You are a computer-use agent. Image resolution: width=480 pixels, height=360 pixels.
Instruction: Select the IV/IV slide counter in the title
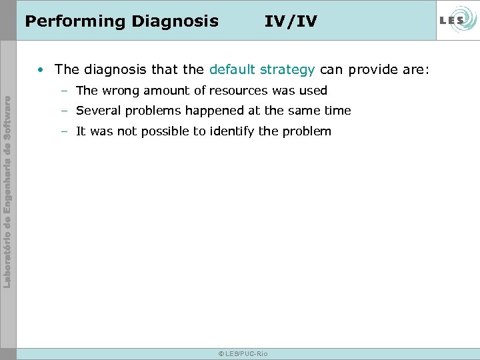pos(291,21)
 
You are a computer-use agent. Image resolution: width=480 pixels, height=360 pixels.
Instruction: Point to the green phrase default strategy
pos(262,69)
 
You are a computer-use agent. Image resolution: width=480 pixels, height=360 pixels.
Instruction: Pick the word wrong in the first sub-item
pos(119,91)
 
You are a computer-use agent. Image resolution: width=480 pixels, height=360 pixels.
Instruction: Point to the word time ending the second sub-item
pos(337,111)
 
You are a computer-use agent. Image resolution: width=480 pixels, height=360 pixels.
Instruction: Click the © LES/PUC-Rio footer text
pos(243,353)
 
